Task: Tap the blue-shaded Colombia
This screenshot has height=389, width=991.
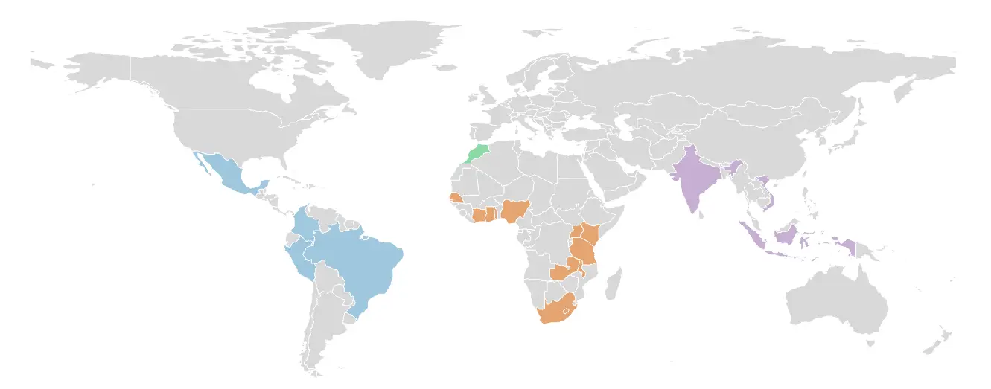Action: click(x=302, y=224)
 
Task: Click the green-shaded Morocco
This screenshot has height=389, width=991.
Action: click(x=477, y=152)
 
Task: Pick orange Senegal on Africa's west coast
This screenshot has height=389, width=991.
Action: click(x=454, y=199)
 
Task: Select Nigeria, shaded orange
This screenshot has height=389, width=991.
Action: click(x=514, y=210)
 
